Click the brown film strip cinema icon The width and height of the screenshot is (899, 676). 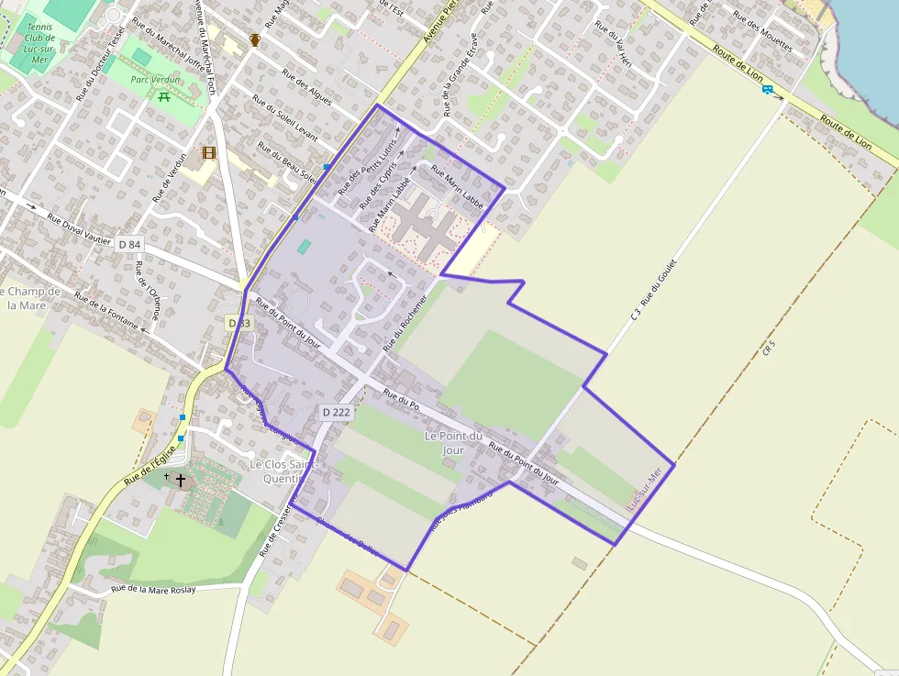point(209,153)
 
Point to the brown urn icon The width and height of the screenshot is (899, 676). point(254,40)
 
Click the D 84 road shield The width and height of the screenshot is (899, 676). point(130,244)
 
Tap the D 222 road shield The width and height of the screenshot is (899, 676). point(337,413)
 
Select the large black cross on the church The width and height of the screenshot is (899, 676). point(181,480)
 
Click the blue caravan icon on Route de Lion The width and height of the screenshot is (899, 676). point(767,90)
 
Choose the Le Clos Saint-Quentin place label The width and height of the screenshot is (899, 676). point(283,471)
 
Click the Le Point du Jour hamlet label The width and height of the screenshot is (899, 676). point(453,443)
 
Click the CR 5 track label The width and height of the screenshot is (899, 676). point(769,349)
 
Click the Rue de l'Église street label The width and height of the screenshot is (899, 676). point(150,464)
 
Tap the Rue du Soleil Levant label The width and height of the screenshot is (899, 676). point(284,124)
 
